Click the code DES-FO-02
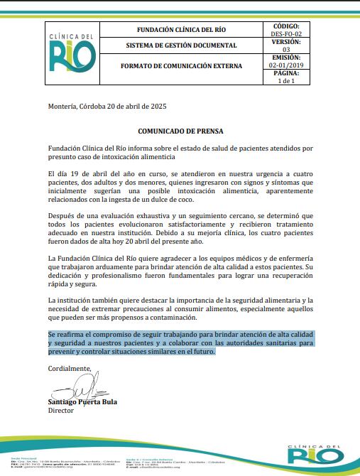(x=286, y=33)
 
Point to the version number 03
(x=286, y=50)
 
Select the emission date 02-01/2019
(x=286, y=65)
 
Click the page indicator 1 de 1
(x=286, y=81)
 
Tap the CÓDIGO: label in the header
(x=286, y=26)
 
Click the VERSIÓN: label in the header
(x=286, y=42)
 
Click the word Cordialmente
(x=70, y=368)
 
